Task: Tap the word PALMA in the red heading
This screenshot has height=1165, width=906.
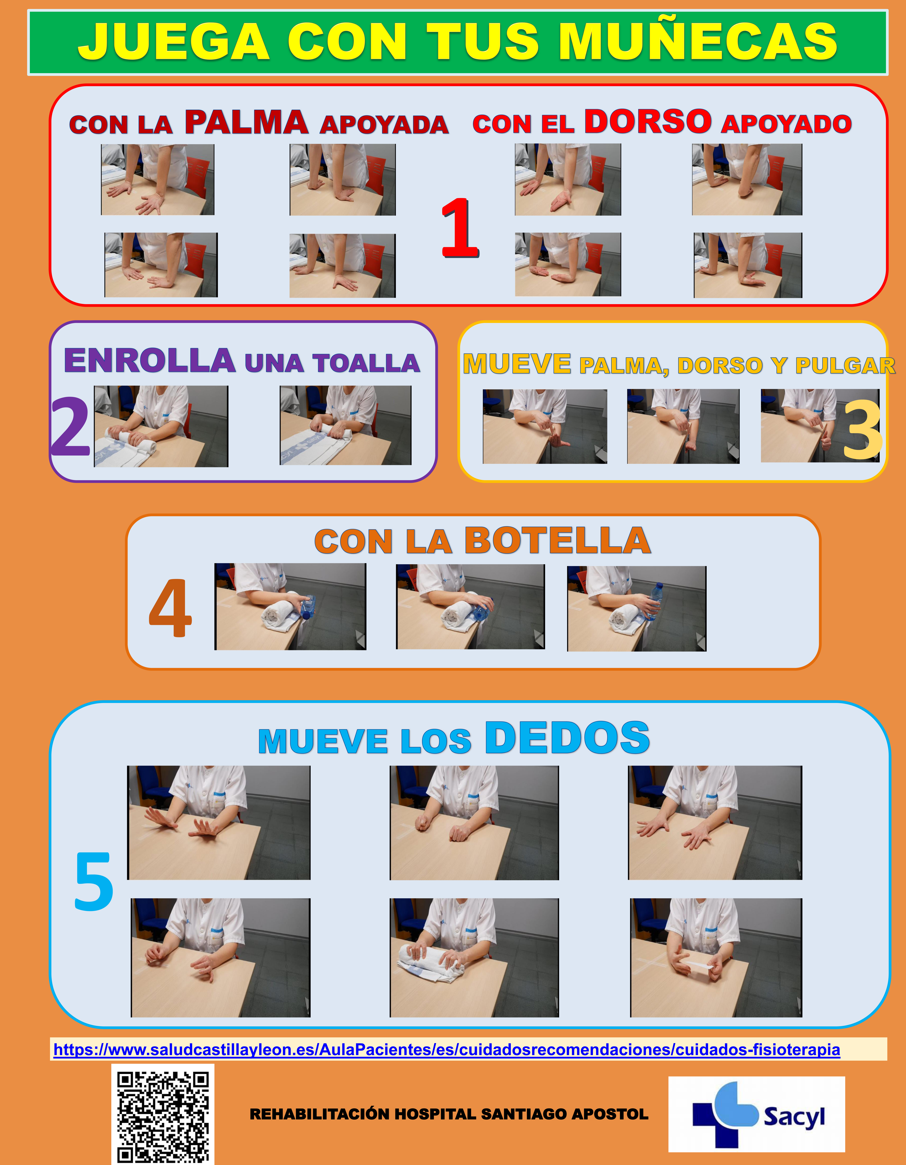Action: [x=246, y=122]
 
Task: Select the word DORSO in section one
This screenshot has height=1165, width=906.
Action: [x=648, y=121]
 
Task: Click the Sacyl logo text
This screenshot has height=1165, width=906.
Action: [x=794, y=1116]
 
